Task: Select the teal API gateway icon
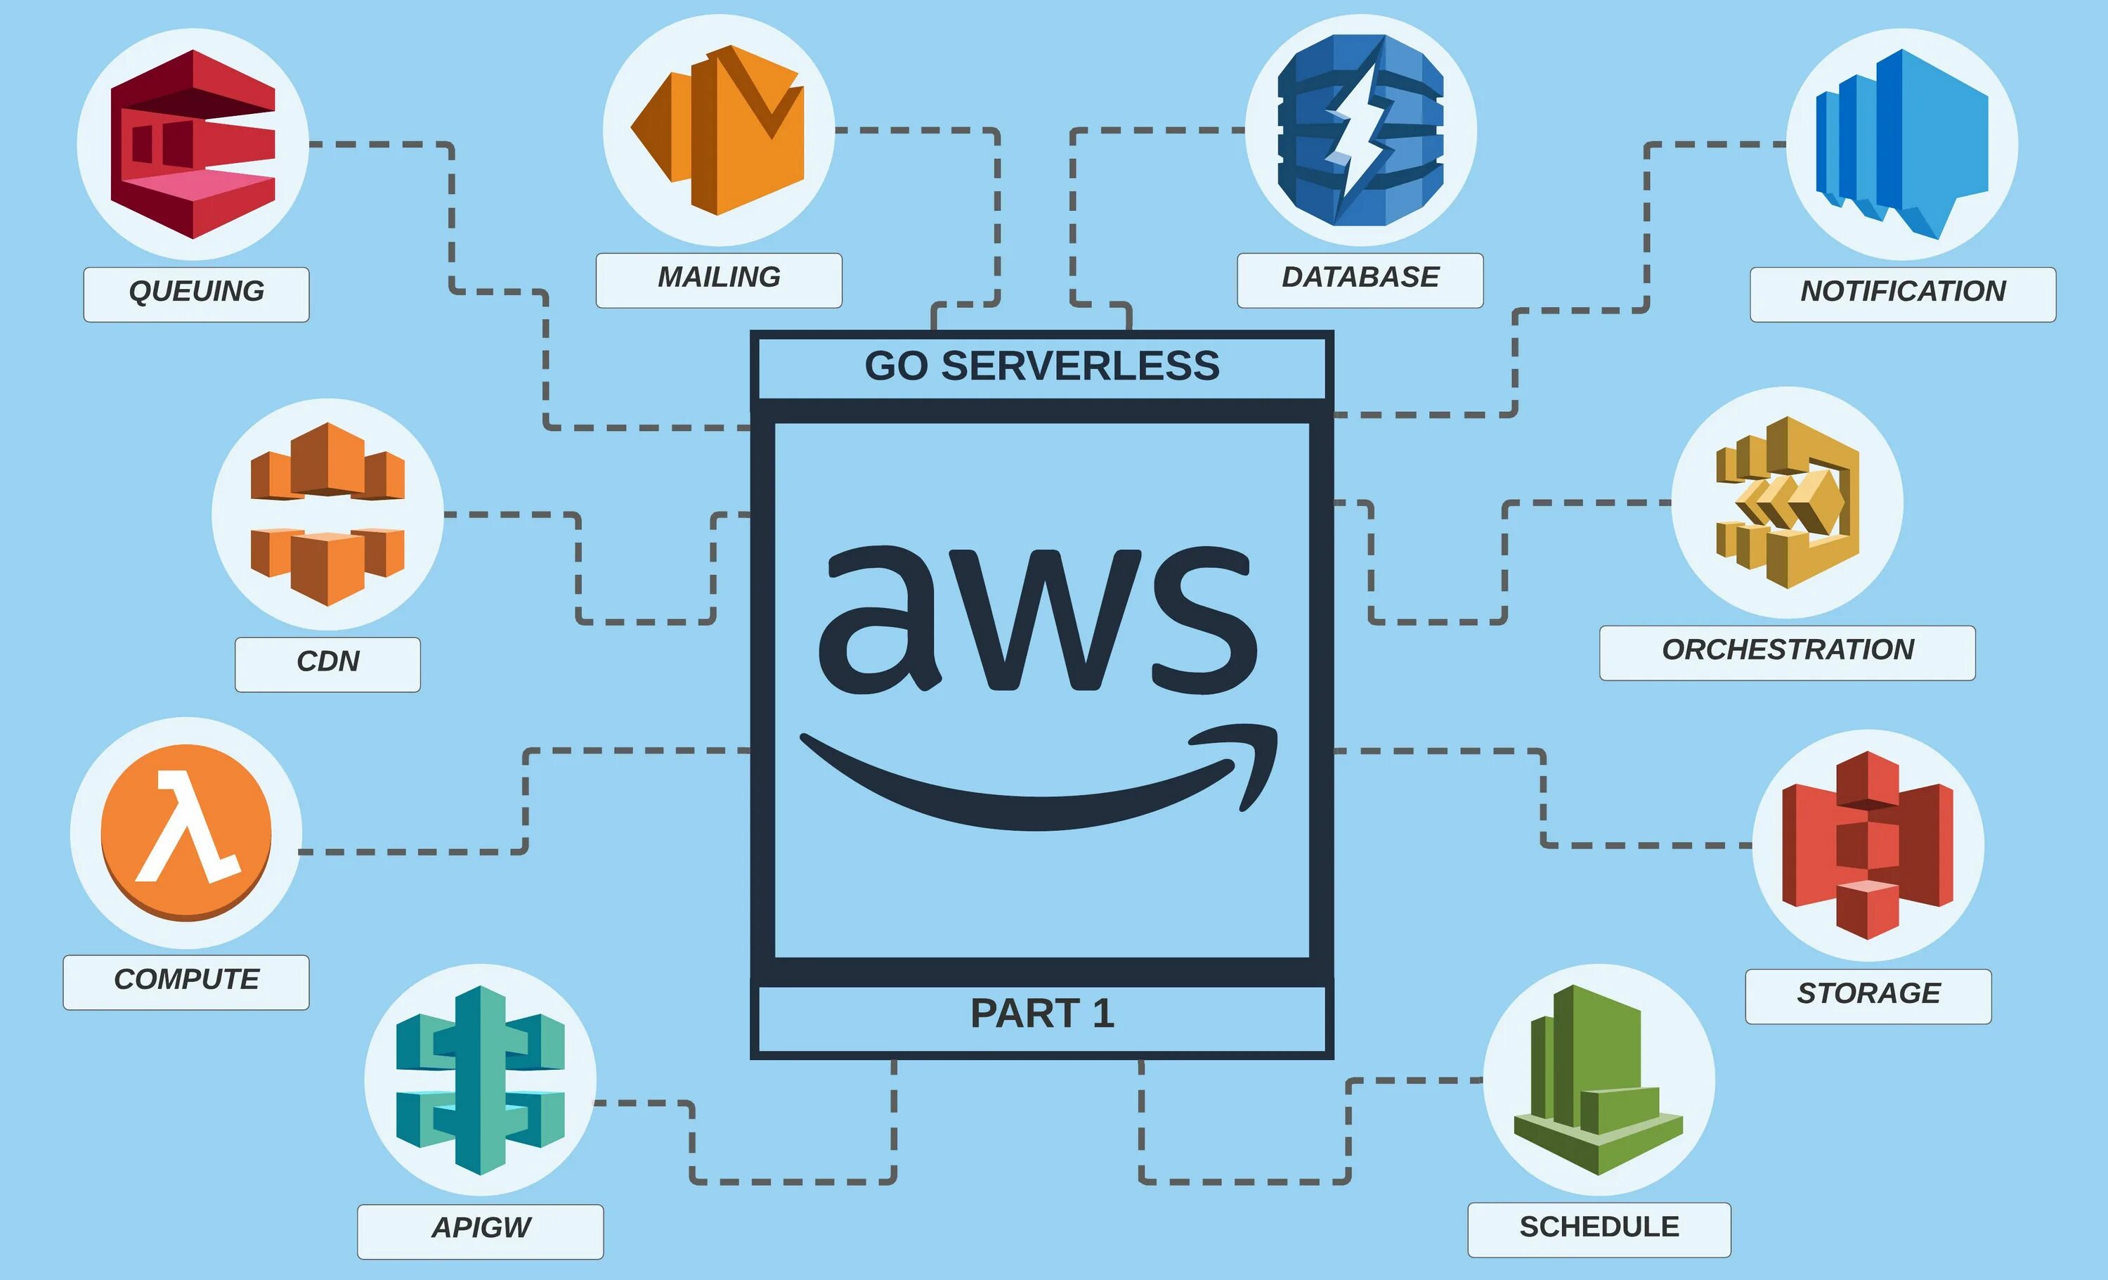tap(480, 1080)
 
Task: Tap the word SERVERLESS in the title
tap(1080, 366)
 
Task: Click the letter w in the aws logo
tap(1042, 621)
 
